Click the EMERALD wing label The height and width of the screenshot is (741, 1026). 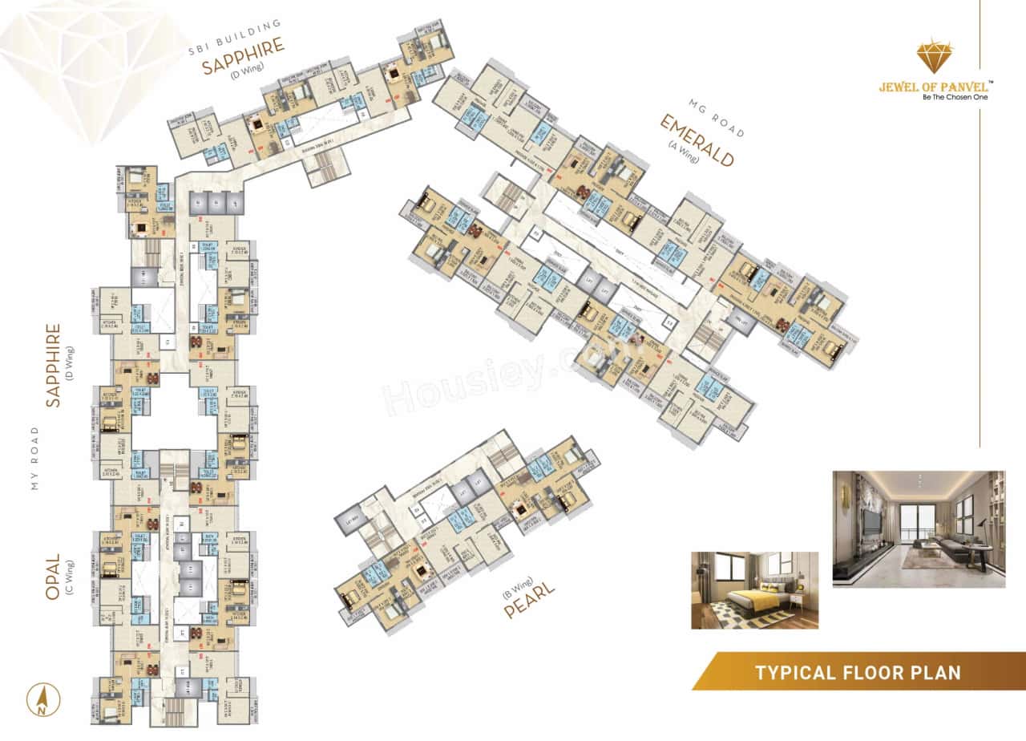pos(696,141)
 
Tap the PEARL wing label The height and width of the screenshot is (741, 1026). pos(529,600)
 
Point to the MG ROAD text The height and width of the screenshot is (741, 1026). pos(717,117)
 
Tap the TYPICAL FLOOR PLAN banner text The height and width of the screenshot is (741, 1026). pos(857,672)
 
